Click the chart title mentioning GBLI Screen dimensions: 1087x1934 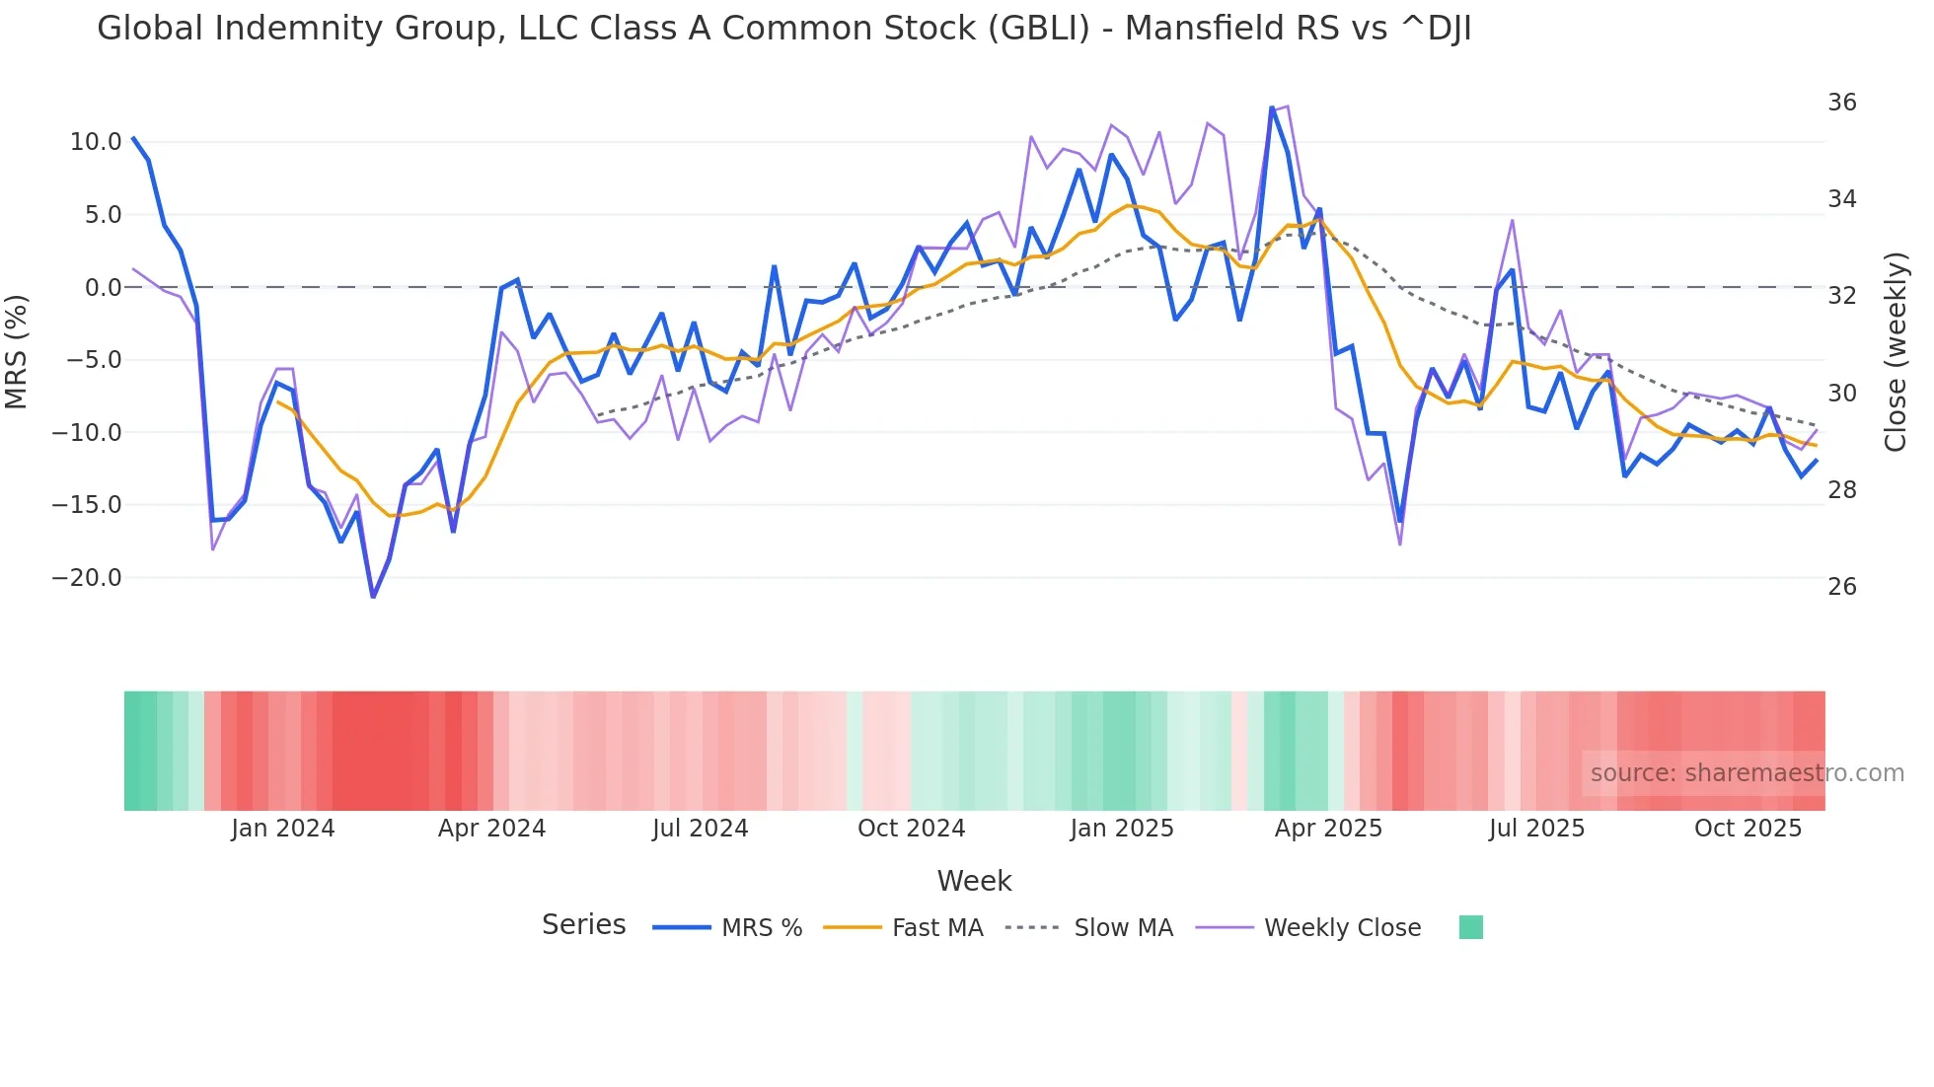point(783,29)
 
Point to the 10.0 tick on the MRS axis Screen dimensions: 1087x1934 point(96,142)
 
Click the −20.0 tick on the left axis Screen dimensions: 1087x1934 point(87,578)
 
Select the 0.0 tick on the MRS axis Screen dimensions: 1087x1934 point(103,288)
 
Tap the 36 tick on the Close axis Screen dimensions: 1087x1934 point(1841,103)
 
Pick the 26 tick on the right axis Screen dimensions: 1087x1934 point(1841,587)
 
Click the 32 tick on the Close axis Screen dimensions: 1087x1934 point(1841,296)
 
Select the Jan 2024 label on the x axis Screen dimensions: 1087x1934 point(283,829)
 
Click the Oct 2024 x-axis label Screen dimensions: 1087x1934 point(911,829)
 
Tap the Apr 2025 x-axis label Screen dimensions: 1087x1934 point(1328,829)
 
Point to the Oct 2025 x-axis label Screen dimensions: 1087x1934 point(1748,829)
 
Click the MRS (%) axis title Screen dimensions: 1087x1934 point(17,351)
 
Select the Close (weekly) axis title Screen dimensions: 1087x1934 point(1895,352)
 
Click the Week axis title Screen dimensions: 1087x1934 point(974,881)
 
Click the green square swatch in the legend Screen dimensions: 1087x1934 point(1470,927)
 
